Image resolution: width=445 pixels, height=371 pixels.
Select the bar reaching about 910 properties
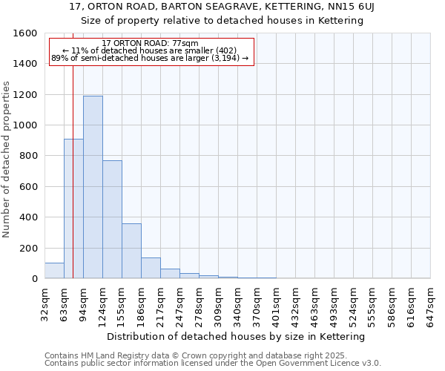point(73,209)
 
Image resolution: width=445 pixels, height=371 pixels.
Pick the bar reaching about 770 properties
point(112,220)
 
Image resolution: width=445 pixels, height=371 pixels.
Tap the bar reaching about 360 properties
point(131,251)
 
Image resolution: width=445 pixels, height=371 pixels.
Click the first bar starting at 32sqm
point(54,271)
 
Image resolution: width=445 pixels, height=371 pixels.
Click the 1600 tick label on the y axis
point(26,33)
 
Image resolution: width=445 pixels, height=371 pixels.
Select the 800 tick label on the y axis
point(29,156)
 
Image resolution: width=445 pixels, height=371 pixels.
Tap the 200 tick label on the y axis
point(29,248)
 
